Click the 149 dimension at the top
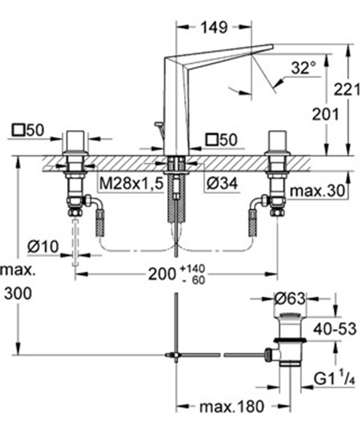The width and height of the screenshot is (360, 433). (x=214, y=28)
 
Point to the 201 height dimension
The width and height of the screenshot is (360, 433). (x=325, y=114)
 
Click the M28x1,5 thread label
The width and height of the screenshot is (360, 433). (x=131, y=184)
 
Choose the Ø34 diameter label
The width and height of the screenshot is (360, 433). (x=222, y=184)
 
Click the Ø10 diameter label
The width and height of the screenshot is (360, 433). (x=43, y=247)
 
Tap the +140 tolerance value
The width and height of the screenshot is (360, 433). (x=193, y=269)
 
